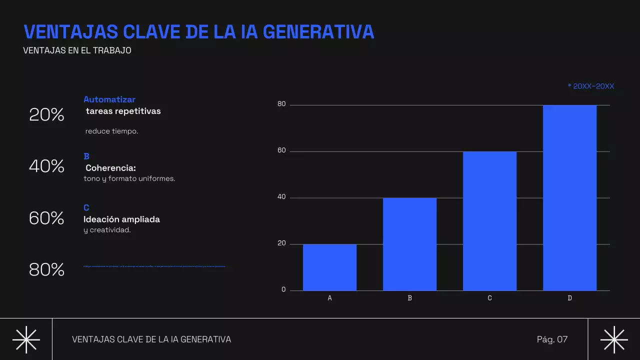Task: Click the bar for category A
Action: click(x=329, y=267)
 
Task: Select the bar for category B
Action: click(x=409, y=244)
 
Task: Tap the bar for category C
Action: click(x=489, y=221)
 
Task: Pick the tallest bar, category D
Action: click(x=569, y=197)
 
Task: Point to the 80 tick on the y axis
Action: click(x=281, y=104)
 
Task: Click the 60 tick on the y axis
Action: click(x=281, y=151)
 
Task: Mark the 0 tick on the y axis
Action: click(x=283, y=290)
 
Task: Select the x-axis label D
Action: click(x=569, y=298)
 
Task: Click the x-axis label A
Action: click(x=329, y=298)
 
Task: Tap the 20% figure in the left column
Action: click(x=46, y=115)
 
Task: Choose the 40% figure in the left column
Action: click(x=46, y=166)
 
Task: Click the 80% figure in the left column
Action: click(x=46, y=270)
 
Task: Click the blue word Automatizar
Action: click(x=109, y=99)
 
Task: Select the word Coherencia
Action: click(x=110, y=168)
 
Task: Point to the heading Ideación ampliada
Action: click(x=121, y=219)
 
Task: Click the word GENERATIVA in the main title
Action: click(x=318, y=32)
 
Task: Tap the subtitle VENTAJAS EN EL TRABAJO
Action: click(x=77, y=50)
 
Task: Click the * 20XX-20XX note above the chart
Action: click(x=590, y=86)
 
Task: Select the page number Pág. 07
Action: click(x=552, y=339)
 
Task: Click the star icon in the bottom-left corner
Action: click(x=26, y=339)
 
